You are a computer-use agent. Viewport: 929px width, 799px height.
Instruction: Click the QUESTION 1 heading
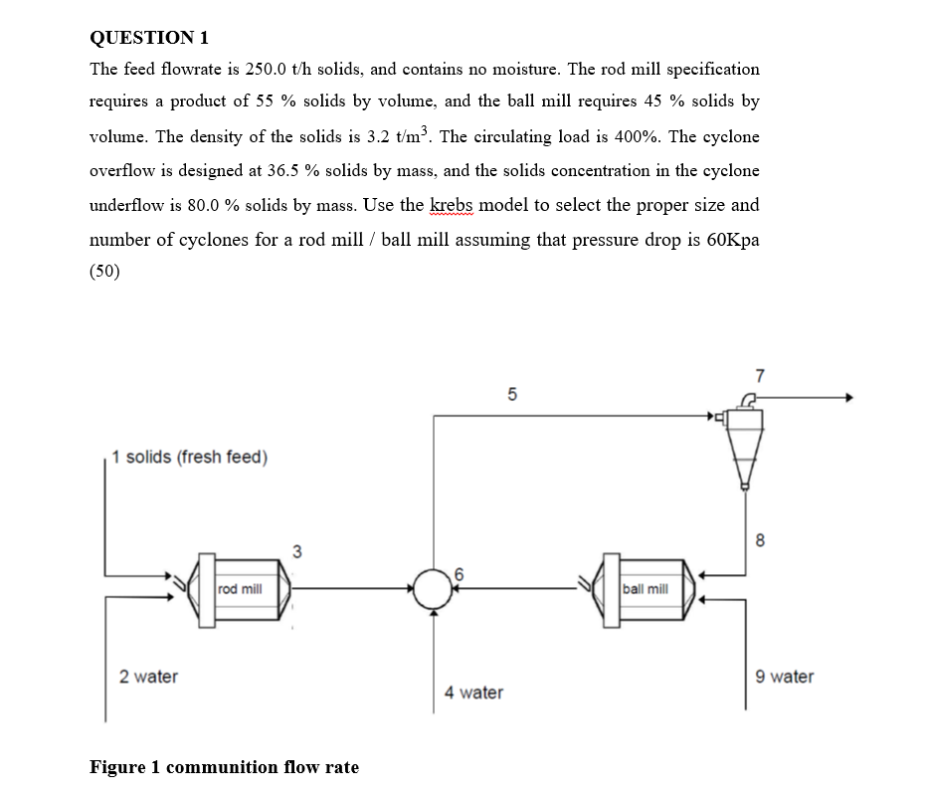(x=149, y=38)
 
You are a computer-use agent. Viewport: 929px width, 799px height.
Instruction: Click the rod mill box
(x=240, y=589)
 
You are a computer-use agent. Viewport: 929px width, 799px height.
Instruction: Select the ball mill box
(x=645, y=589)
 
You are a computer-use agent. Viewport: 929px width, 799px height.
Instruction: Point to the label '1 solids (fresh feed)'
(x=190, y=458)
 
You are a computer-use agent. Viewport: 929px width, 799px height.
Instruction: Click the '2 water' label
(x=149, y=677)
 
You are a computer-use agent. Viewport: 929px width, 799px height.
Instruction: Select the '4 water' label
(x=473, y=693)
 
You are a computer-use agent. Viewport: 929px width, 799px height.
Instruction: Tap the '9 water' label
(x=784, y=677)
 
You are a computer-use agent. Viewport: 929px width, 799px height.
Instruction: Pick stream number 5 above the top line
(x=512, y=394)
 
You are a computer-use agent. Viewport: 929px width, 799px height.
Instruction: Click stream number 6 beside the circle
(x=460, y=572)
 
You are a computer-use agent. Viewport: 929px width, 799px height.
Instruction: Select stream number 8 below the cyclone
(x=761, y=541)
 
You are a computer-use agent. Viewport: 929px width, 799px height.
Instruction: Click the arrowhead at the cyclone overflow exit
(x=848, y=398)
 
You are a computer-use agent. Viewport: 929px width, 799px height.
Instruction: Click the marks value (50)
(x=104, y=273)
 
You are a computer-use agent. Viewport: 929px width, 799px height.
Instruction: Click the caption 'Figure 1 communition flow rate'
(x=225, y=767)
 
